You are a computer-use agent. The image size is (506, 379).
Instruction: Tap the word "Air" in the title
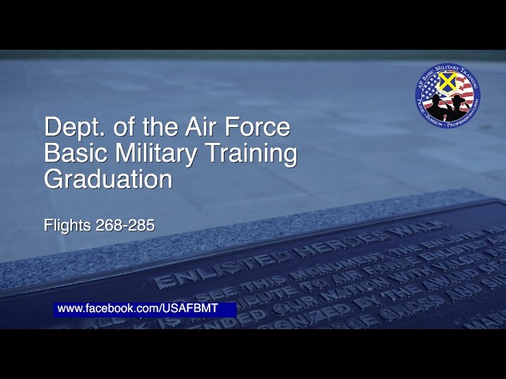coord(210,127)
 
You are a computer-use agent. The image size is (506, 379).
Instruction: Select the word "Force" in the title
coord(261,127)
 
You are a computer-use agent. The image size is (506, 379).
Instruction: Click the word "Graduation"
coord(108,179)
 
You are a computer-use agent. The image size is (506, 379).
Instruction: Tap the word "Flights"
coord(67,225)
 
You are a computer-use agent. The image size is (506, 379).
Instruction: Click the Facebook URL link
coord(137,308)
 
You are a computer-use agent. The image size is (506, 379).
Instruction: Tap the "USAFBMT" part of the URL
coord(189,308)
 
